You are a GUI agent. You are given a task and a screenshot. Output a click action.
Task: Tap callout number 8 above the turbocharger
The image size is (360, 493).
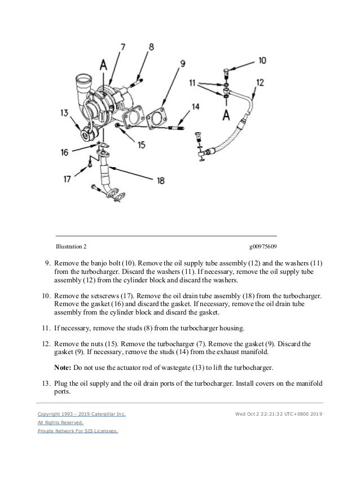[151, 47]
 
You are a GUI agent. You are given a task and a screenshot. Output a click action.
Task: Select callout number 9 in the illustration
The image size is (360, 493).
[182, 64]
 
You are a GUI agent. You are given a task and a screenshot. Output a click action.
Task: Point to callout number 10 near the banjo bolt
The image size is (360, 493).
[262, 60]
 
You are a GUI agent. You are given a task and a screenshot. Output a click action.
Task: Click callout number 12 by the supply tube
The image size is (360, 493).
[260, 82]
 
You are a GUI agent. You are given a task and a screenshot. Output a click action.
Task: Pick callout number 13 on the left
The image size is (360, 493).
[66, 113]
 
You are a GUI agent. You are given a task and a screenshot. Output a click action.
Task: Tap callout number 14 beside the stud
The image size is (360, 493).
[195, 106]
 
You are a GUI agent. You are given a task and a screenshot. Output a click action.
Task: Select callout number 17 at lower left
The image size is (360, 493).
[67, 178]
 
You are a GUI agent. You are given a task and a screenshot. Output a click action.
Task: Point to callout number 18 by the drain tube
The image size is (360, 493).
[161, 180]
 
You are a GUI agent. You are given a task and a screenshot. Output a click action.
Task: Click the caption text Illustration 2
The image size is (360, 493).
[71, 247]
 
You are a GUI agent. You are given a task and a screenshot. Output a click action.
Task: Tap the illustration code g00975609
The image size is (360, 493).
[262, 247]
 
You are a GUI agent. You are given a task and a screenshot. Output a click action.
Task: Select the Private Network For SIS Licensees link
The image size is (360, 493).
[77, 431]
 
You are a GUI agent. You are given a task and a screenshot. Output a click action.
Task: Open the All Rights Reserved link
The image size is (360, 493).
[60, 422]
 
